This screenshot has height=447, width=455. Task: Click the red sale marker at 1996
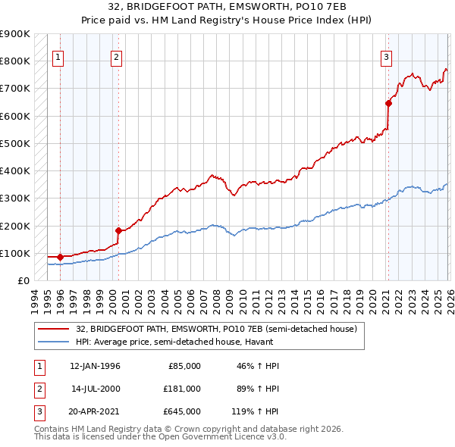tap(60, 257)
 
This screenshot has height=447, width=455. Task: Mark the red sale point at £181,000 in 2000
tap(118, 230)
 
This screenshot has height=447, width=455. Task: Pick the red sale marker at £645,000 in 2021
tap(388, 103)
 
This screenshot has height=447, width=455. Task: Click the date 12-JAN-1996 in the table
tap(95, 366)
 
